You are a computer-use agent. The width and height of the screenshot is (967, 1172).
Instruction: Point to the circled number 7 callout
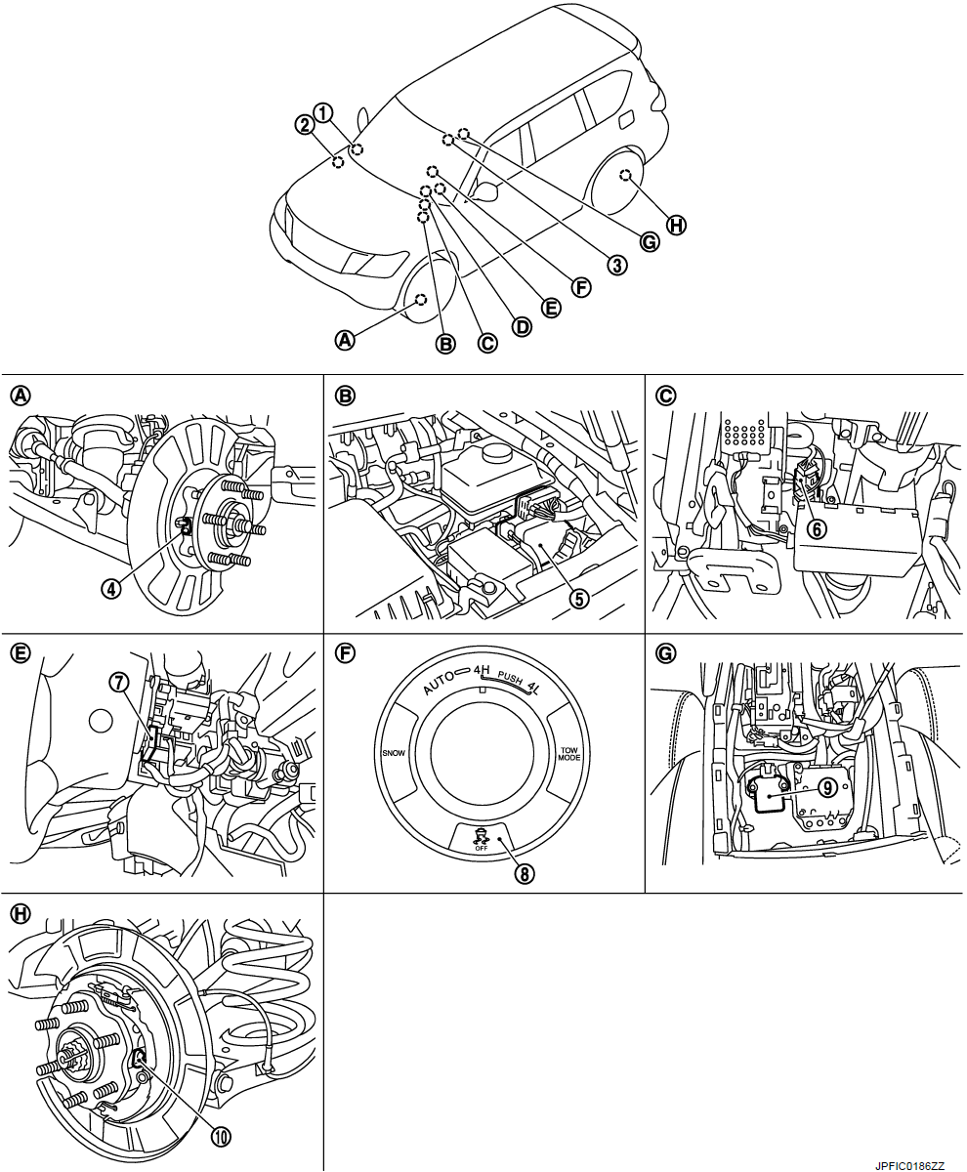coord(120,683)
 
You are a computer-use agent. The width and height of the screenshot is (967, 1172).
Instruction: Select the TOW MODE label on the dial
coord(569,755)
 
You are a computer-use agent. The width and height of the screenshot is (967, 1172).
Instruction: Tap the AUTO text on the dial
coord(440,684)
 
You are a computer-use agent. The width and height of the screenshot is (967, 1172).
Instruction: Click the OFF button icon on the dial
coord(480,837)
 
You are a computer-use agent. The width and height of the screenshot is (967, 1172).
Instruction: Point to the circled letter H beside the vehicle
coord(676,226)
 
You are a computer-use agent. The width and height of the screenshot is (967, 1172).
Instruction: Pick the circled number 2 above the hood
coord(306,124)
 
